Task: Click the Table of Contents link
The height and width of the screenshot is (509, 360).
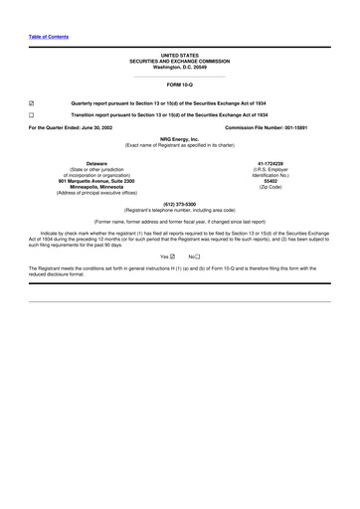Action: tap(48, 37)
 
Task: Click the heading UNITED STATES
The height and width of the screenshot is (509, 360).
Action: tap(179, 56)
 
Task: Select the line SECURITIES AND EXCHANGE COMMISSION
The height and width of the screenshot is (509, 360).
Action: tap(179, 62)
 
